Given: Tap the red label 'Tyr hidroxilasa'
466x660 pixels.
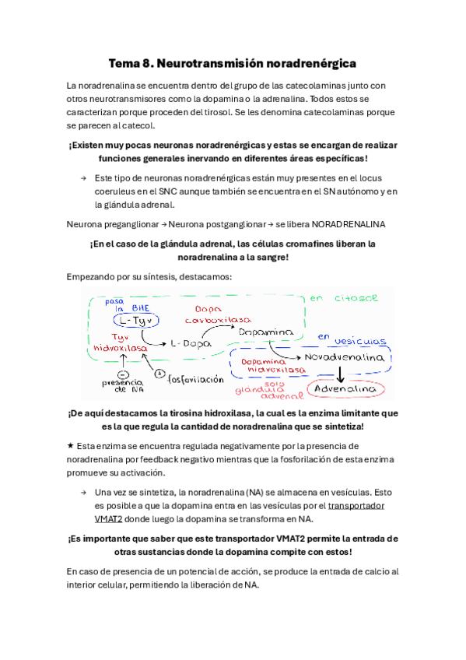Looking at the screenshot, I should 120,343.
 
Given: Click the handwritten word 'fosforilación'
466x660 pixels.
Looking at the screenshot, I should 197,358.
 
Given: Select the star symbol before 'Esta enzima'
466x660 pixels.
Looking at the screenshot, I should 71,446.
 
